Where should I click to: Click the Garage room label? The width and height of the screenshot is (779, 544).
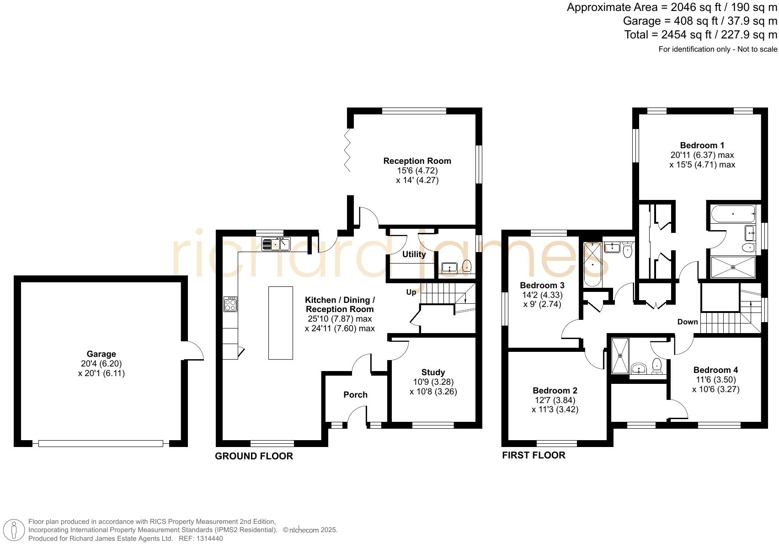point(101,354)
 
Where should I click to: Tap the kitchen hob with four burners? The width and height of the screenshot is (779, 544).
point(230,304)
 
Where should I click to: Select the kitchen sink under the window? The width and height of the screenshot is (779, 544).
point(276,244)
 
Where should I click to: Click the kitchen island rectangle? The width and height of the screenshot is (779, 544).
point(280,323)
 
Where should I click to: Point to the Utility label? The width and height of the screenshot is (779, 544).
point(414,254)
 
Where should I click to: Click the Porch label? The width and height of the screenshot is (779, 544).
point(355,394)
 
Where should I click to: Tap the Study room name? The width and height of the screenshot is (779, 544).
point(433,372)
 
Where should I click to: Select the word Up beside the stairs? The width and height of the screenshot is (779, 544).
point(411,292)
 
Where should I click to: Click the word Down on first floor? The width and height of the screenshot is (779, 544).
point(688,322)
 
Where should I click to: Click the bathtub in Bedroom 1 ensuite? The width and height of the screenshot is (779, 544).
point(733,214)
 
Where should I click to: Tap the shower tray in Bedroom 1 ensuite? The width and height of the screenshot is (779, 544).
point(733,267)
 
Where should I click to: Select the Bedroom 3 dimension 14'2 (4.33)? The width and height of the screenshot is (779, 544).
point(542,295)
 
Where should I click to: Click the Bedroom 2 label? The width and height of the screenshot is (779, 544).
point(555,390)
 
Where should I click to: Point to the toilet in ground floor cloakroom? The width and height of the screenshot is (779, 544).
point(467,266)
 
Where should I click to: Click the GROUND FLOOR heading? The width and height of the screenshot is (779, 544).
point(254,456)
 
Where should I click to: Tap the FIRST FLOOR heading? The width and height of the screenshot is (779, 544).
point(534,455)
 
